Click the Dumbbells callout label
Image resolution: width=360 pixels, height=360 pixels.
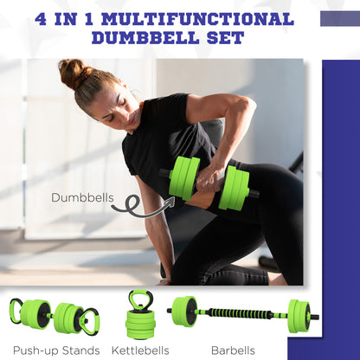[x=82, y=197]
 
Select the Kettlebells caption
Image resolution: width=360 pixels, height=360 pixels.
[x=144, y=350]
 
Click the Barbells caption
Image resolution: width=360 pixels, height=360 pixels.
[x=234, y=350]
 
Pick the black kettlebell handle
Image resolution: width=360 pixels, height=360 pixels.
[x=141, y=299]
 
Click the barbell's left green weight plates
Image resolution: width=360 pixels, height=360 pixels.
[x=183, y=311]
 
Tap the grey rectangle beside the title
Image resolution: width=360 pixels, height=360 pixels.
[x=339, y=18]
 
